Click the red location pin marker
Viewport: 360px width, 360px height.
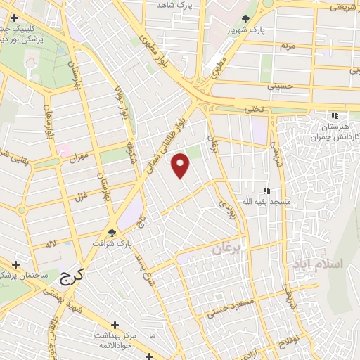(181, 165)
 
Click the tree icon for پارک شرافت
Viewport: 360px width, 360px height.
(112, 233)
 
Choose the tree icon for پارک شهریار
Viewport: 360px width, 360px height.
(245, 20)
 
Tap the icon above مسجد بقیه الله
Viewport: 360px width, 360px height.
(266, 191)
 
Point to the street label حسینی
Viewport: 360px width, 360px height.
(276, 87)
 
